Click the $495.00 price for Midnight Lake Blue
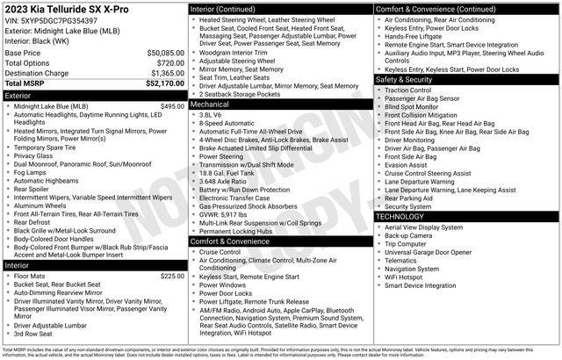(x=172, y=106)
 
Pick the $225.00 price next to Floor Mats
(x=172, y=276)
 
